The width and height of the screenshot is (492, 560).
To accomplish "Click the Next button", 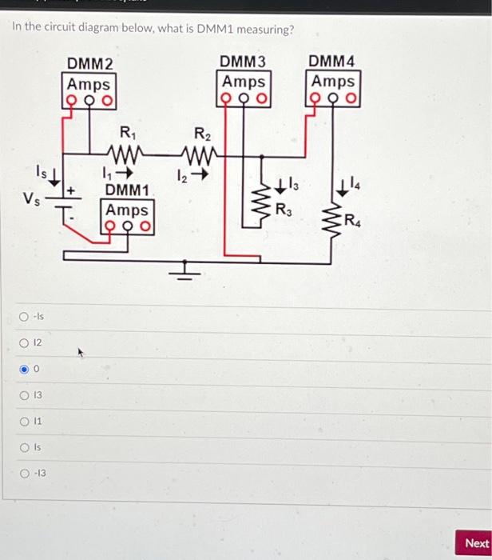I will coord(476,542).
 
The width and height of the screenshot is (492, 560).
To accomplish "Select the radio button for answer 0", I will coord(26,370).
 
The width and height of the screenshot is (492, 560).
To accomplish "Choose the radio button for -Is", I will coord(26,318).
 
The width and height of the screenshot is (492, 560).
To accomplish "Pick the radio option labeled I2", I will coord(26,343).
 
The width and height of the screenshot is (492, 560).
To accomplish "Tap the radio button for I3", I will coord(26,395).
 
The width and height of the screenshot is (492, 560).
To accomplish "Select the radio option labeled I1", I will coord(26,421).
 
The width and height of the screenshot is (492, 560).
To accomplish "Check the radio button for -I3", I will coord(26,473).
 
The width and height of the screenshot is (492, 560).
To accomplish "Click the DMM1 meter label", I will coord(127,190).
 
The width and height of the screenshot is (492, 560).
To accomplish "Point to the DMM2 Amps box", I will coord(89,83).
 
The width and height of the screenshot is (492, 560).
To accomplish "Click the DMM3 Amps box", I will coord(244,82).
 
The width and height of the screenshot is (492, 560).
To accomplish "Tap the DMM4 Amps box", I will coord(333,82).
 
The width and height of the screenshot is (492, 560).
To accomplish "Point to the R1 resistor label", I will coord(126,132).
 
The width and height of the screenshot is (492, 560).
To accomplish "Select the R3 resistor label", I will coord(284,210).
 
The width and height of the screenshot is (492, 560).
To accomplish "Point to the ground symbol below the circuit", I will coord(185,270).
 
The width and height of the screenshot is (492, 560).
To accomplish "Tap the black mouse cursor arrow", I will coord(79,350).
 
